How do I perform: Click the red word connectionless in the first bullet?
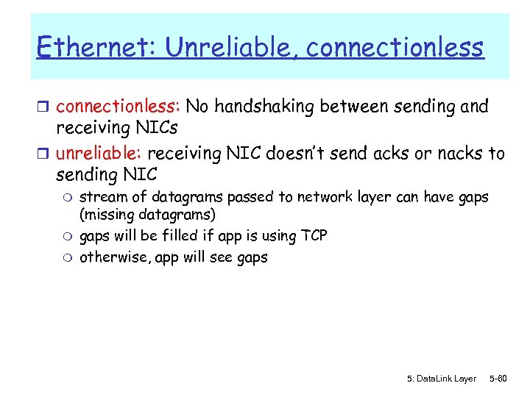click(x=118, y=107)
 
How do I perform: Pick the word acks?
click(x=414, y=153)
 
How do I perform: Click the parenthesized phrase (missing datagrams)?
click(x=147, y=215)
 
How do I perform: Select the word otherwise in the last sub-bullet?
click(x=110, y=257)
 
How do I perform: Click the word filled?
click(x=180, y=236)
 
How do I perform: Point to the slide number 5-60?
click(x=498, y=379)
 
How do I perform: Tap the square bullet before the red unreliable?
click(x=44, y=154)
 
